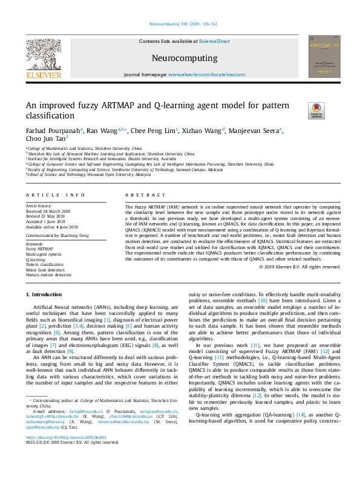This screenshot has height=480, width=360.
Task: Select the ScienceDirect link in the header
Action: (216, 41)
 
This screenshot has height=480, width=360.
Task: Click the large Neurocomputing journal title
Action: (180, 59)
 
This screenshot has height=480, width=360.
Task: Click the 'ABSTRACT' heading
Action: (142, 195)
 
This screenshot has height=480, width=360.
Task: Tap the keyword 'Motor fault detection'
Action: (45, 270)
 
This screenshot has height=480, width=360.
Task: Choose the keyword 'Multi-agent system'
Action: (43, 254)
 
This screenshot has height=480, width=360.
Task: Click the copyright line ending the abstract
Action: (299, 266)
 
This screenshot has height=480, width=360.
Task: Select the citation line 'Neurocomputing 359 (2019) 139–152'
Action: (180, 24)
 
